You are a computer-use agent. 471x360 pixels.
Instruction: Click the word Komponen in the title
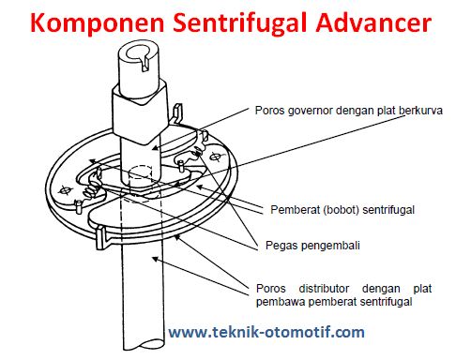[x=98, y=23]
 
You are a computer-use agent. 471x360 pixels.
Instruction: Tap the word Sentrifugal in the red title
[x=240, y=22]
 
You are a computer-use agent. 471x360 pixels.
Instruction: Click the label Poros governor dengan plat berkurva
[x=349, y=111]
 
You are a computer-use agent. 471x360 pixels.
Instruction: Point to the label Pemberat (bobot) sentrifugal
[x=342, y=210]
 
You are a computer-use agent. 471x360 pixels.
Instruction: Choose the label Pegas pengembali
[x=312, y=246]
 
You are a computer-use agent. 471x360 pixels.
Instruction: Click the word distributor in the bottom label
[x=324, y=289]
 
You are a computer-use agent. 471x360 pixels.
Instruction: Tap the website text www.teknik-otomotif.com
[x=266, y=332]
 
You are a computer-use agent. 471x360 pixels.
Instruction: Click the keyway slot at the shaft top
[x=145, y=64]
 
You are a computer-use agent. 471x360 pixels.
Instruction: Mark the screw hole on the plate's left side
[x=65, y=189]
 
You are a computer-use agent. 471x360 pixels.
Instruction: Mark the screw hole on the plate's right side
[x=215, y=157]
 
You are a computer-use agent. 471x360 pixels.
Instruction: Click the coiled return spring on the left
[x=91, y=190]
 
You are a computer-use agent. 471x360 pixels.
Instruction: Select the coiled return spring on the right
[x=197, y=151]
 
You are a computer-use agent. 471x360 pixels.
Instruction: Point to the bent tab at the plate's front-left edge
[x=101, y=238]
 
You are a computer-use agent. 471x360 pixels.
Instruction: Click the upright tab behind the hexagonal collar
[x=177, y=113]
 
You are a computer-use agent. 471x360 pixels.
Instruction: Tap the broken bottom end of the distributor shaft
[x=144, y=345]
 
